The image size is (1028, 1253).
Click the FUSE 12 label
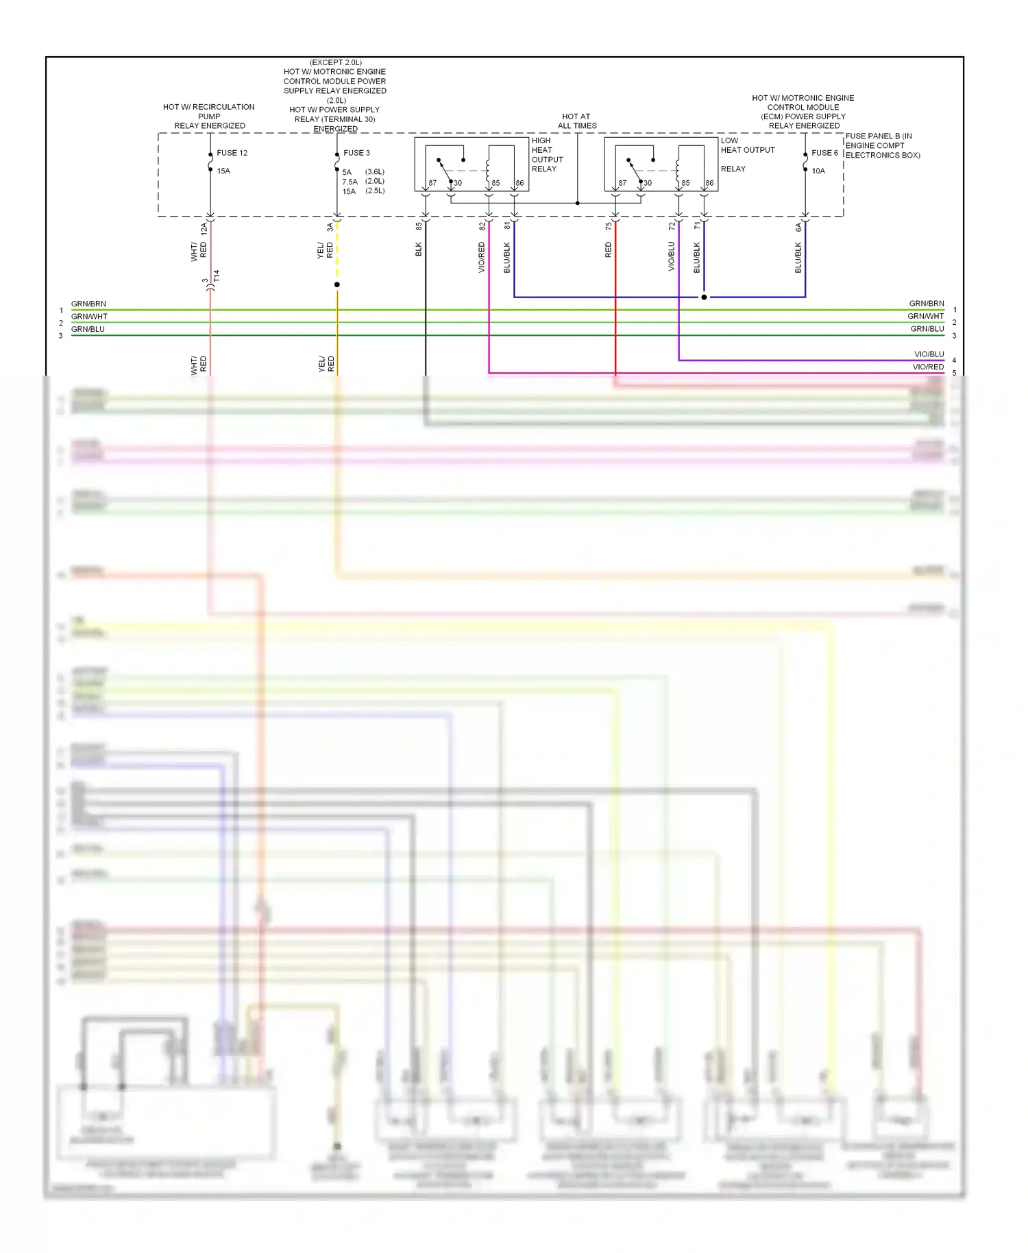pos(232,153)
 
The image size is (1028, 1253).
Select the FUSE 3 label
pos(356,153)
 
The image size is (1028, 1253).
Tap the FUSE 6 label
pos(824,153)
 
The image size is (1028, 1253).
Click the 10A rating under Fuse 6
pos(818,171)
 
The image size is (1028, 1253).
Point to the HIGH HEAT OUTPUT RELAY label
pos(546,154)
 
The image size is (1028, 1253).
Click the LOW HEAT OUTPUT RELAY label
pos(746,154)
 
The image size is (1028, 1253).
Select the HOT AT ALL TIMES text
pos(577,121)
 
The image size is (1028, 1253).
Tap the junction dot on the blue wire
pos(704,297)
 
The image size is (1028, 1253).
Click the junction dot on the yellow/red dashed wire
pos(336,284)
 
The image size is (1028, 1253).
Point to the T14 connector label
pos(217,276)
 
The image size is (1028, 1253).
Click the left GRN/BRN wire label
pos(88,304)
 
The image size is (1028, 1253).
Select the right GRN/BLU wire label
pos(927,329)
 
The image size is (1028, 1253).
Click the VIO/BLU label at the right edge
pos(929,354)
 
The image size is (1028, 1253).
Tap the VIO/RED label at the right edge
pos(928,367)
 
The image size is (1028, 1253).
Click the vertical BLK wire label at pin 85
pos(419,250)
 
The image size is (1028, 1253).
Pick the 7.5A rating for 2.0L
pos(350,182)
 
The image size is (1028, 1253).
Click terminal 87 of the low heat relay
pos(622,183)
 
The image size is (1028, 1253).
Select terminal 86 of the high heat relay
pos(519,183)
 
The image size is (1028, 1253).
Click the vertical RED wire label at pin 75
pos(609,250)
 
